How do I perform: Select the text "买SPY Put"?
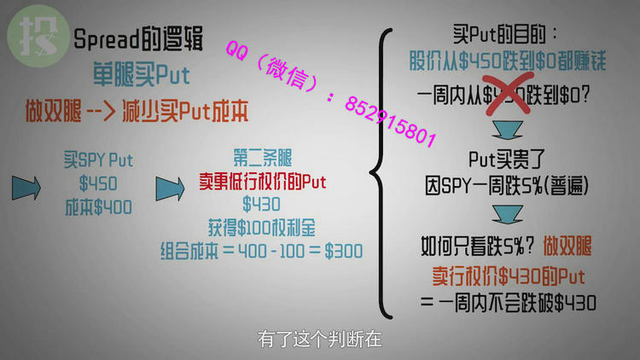[x=98, y=160]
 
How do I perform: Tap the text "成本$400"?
[x=98, y=206]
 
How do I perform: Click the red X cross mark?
[x=503, y=94]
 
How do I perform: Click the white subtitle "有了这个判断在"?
[x=320, y=339]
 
